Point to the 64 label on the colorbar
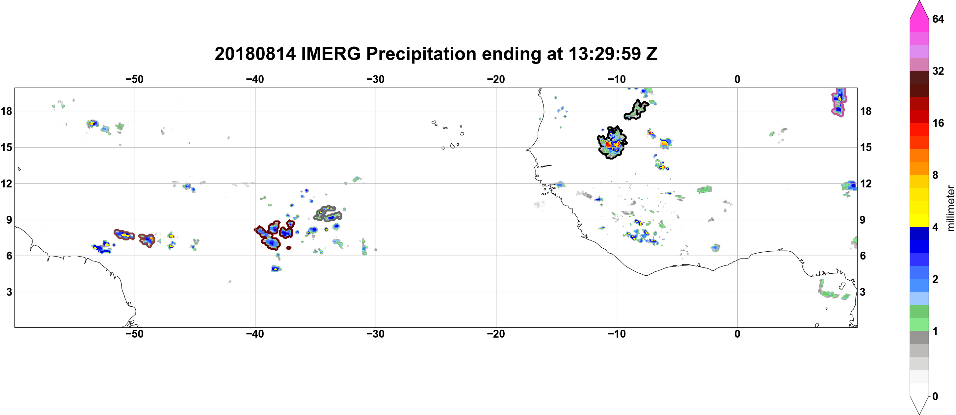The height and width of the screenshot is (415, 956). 938,19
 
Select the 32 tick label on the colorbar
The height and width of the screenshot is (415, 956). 938,71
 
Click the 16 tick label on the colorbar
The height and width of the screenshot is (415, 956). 938,123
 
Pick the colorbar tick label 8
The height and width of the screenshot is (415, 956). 935,175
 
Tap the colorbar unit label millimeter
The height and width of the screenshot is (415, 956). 950,208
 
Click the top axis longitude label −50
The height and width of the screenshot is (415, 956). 134,79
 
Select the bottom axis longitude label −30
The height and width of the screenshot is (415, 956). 375,334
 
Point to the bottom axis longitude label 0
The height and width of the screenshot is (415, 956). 737,334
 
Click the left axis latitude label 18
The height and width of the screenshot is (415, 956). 6,111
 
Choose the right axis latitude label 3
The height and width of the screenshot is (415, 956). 863,292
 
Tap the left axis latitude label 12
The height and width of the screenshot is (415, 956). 6,183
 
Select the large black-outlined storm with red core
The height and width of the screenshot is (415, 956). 612,143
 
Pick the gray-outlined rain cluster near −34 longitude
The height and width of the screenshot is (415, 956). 328,213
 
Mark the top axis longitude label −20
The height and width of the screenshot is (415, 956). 496,79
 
